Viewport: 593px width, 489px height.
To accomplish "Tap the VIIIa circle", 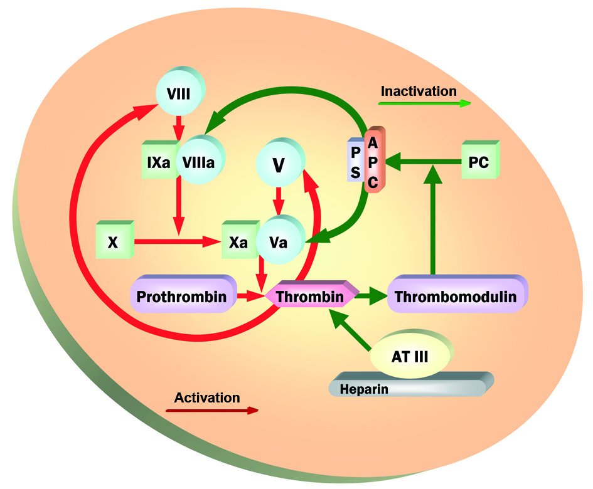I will click(199, 162).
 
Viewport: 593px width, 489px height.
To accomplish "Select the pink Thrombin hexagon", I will click(310, 297).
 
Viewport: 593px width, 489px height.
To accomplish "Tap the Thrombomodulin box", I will click(456, 297).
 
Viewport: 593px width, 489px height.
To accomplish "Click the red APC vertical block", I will click(373, 162).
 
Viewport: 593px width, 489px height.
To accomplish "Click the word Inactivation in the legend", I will click(419, 91).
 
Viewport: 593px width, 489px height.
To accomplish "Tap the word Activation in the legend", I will click(207, 397).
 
